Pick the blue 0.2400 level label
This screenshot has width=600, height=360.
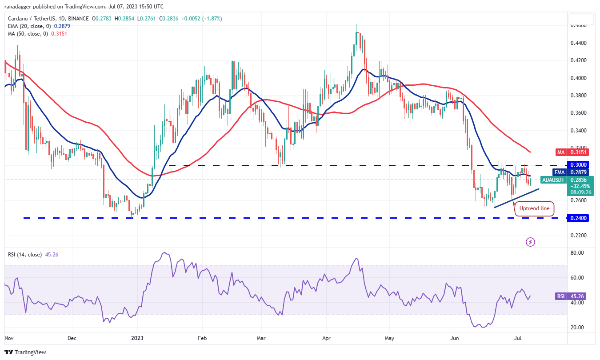[578, 218]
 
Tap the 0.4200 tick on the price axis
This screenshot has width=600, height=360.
[578, 60]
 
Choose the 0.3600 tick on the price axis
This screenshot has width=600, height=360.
[578, 113]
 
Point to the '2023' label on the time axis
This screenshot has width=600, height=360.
[136, 338]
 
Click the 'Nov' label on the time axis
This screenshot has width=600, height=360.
[9, 338]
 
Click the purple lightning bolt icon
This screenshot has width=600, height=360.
[530, 242]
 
